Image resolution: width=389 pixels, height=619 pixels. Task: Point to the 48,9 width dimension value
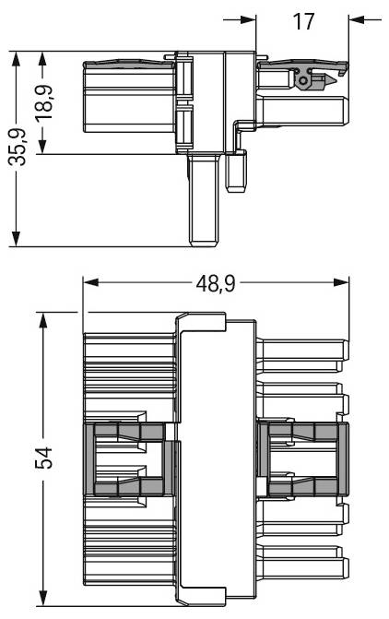(214, 283)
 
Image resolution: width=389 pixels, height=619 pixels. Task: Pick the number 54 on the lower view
(43, 458)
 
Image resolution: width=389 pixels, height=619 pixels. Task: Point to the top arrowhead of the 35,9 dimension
(17, 57)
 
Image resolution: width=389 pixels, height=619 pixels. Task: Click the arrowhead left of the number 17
(247, 19)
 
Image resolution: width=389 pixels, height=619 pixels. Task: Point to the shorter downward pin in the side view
(238, 170)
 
